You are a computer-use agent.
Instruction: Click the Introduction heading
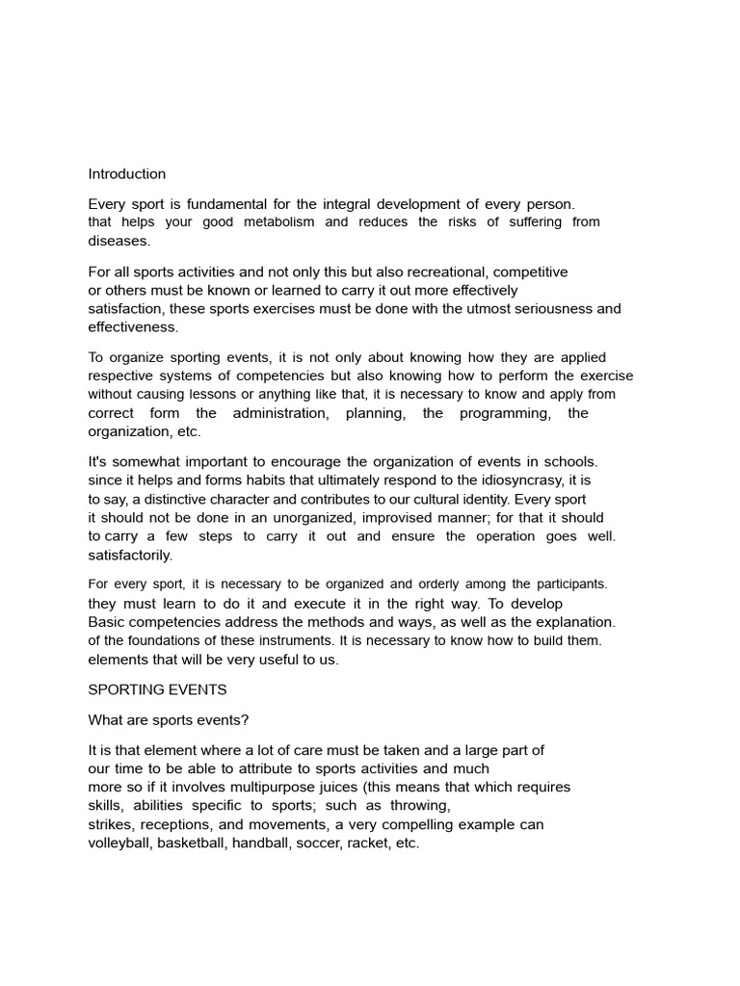point(127,174)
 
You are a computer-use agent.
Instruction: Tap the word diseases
point(119,241)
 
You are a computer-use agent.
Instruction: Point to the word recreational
point(419,272)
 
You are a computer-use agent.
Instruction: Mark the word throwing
point(420,806)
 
